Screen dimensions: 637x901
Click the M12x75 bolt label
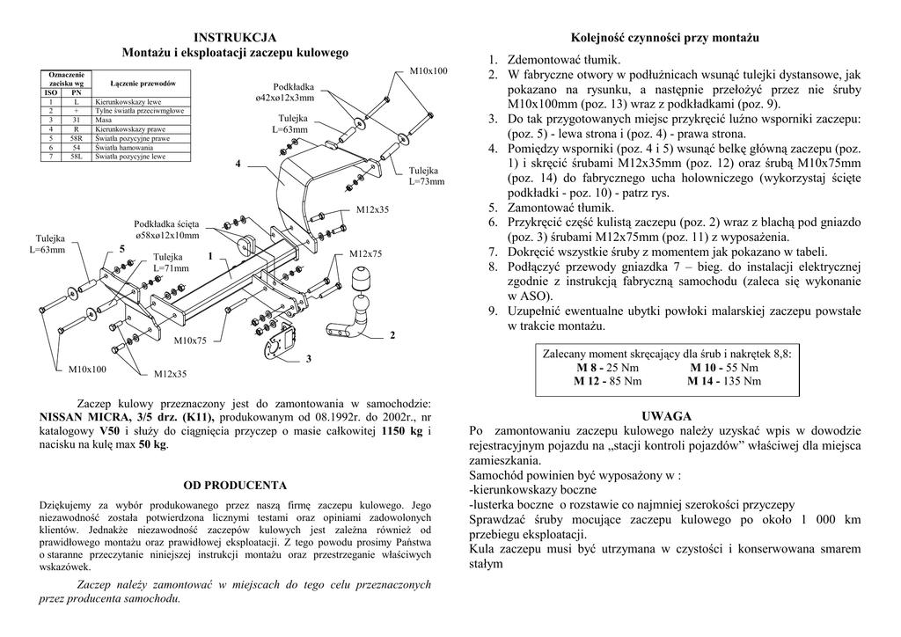click(366, 254)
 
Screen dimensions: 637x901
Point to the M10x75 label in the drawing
click(190, 340)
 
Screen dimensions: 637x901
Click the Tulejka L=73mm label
click(427, 176)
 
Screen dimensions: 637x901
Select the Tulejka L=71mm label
click(171, 261)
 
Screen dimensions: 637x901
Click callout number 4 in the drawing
click(238, 165)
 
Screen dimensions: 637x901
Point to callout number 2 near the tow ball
click(392, 335)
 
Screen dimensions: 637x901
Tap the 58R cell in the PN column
click(77, 139)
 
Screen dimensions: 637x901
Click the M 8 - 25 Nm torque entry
click(607, 367)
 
